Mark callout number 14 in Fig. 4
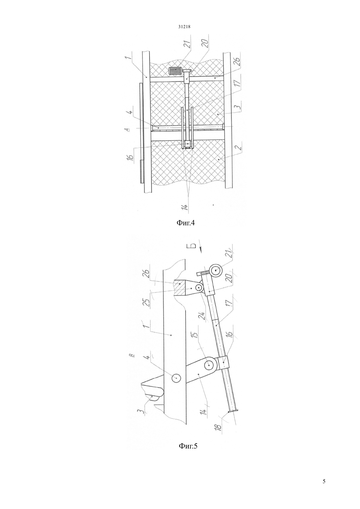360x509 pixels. pos(186,207)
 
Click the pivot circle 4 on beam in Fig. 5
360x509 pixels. pos(176,378)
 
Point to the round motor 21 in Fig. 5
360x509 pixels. pos(216,271)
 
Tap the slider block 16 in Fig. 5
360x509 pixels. pos(224,362)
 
